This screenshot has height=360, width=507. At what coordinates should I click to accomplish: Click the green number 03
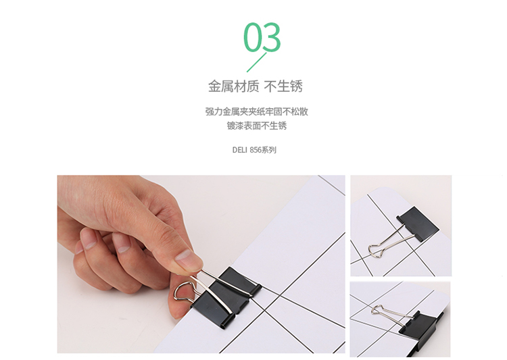262,37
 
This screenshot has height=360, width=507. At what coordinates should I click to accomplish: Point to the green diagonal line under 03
257,62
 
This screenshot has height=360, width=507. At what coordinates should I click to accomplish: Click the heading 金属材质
233,86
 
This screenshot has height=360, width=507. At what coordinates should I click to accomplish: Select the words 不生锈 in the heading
283,86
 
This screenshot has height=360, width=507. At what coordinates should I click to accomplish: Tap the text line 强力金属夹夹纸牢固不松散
257,112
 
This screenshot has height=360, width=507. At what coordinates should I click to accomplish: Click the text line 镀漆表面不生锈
257,126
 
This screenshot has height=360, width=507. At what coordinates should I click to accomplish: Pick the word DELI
239,150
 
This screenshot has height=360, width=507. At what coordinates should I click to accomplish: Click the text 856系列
263,150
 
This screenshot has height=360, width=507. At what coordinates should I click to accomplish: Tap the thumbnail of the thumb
186,256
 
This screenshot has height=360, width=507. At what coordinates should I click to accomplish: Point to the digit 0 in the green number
253,37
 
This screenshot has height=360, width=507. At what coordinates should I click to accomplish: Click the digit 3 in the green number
272,37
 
